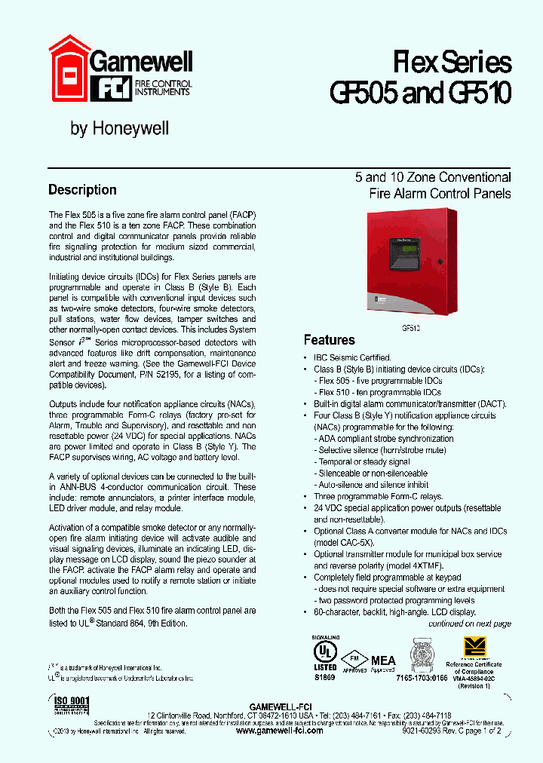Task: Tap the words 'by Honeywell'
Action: tap(119, 129)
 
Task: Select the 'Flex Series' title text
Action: tap(452, 62)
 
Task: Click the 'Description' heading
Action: tap(82, 190)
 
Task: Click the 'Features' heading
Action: tap(329, 340)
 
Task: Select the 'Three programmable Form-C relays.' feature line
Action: tap(378, 496)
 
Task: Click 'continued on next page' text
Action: tap(469, 624)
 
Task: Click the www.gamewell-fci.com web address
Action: tap(279, 731)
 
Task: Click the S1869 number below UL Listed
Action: tap(325, 678)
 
